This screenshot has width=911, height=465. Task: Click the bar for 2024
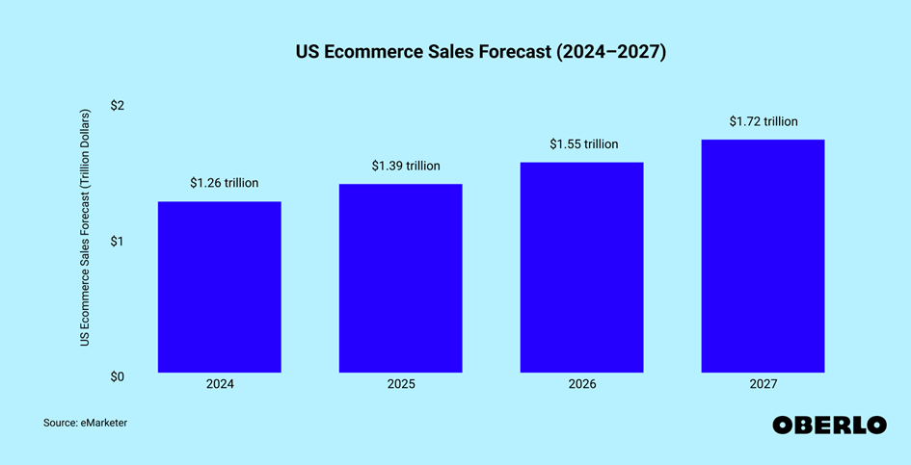coord(219,287)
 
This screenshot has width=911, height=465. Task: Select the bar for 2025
coord(400,278)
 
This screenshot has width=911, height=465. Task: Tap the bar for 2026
coord(581,268)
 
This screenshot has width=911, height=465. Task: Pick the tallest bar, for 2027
coord(763,256)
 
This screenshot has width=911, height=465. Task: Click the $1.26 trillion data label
coord(224,183)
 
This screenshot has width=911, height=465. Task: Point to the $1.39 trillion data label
coord(406,167)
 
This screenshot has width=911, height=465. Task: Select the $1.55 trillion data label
coord(583,144)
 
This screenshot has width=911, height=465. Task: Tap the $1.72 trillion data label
coord(764,121)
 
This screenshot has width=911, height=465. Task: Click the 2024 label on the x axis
coord(220,384)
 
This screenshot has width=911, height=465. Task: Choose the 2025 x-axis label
coord(401,384)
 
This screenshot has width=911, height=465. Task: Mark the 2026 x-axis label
coord(582,384)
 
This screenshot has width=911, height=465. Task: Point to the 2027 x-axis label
coord(763,384)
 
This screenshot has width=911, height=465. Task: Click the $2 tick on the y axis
coord(117,105)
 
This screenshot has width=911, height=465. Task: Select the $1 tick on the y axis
coord(117,241)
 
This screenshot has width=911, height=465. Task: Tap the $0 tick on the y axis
coord(117,376)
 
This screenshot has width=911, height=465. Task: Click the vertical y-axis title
coord(85,228)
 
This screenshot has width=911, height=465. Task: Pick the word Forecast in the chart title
coord(515,53)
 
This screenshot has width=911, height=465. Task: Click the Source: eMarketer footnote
coord(85,423)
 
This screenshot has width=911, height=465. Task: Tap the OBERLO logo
coord(829,426)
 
